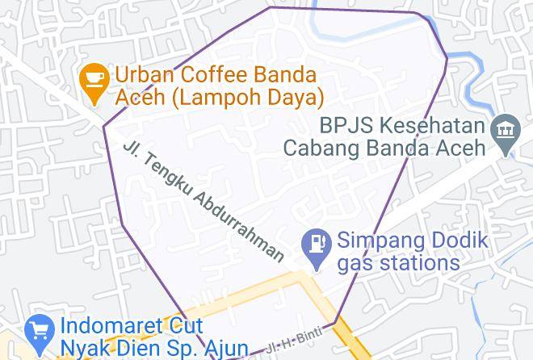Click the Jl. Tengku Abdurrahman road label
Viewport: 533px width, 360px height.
coord(204,202)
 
